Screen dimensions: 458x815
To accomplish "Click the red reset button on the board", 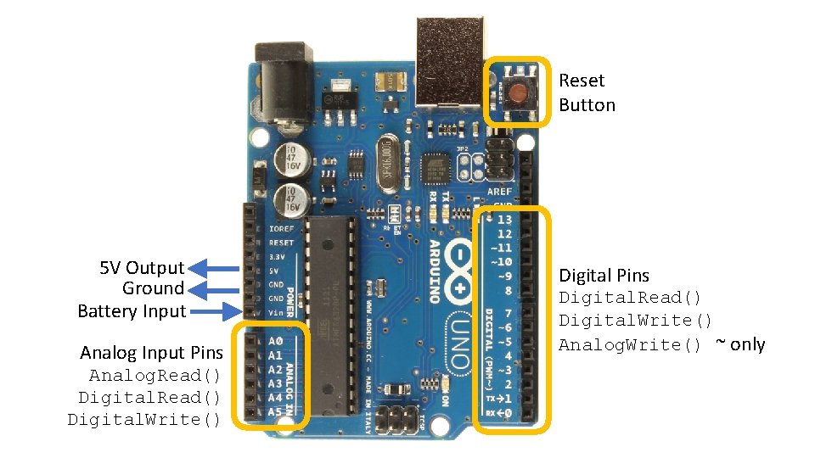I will (516, 91).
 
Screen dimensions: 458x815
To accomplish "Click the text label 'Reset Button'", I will (587, 92).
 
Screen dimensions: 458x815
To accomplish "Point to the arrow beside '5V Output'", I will (211, 268).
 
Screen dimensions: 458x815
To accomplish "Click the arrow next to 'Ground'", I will (211, 289).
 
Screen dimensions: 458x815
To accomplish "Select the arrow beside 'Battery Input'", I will (211, 311).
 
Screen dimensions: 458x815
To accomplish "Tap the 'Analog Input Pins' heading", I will (151, 353).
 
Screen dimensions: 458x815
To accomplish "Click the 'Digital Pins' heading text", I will (603, 276).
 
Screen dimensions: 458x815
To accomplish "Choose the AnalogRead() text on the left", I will (155, 375).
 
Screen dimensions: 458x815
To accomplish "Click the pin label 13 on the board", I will (504, 219).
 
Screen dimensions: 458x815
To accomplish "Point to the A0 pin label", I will (274, 341).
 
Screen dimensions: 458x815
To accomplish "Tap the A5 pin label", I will (274, 411).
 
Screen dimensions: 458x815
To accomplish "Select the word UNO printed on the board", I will (459, 344).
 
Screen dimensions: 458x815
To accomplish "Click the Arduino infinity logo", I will (459, 271).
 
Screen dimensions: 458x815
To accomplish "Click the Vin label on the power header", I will (277, 313).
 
